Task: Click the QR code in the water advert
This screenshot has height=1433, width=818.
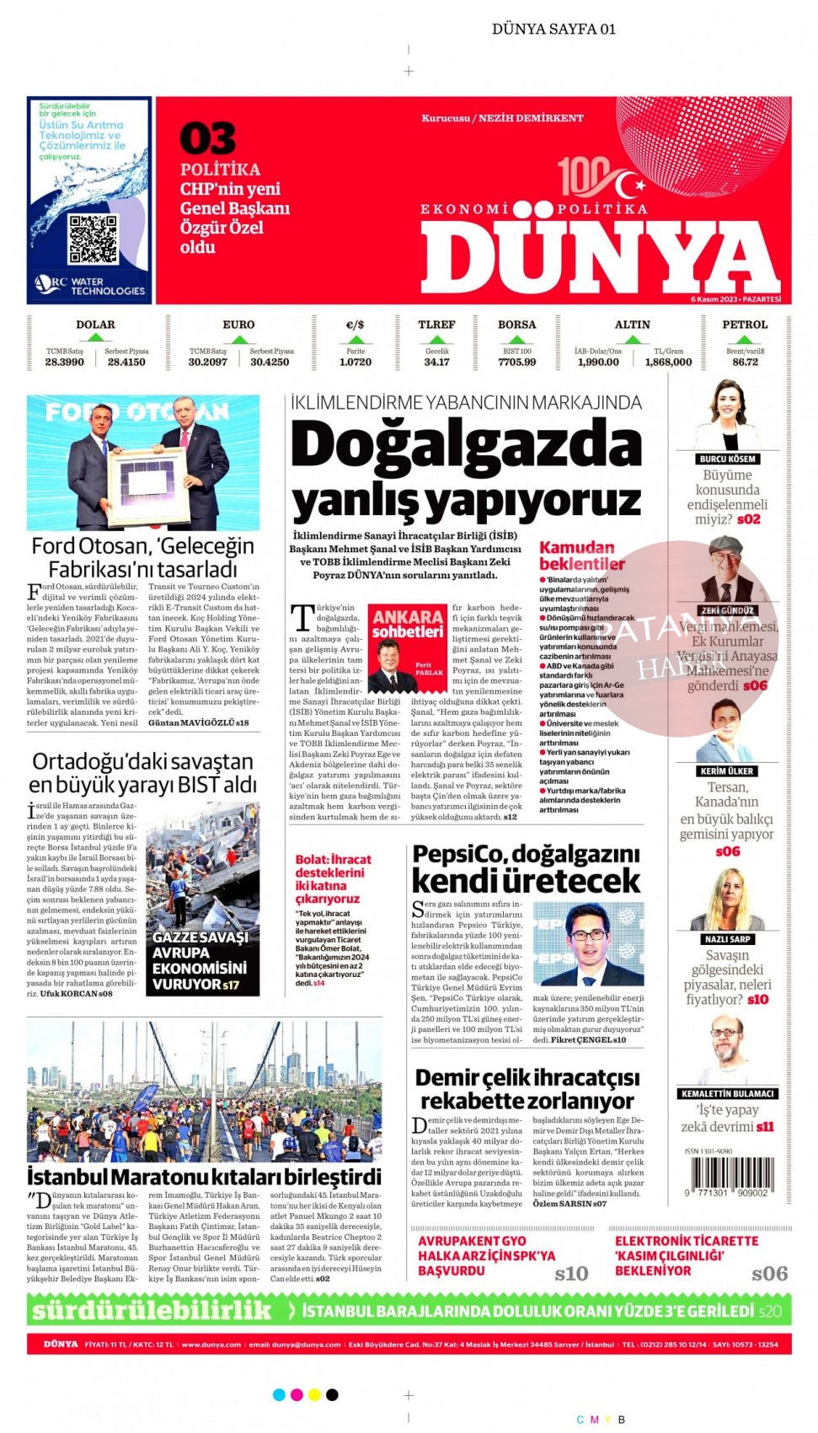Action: [x=93, y=239]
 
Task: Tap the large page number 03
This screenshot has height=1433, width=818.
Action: [x=207, y=139]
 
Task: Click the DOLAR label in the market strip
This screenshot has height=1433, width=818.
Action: [x=95, y=325]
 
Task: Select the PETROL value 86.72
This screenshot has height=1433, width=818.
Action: [x=745, y=362]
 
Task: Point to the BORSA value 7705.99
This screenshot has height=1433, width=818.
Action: [x=516, y=362]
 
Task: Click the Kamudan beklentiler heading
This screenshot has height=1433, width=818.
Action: [x=581, y=555]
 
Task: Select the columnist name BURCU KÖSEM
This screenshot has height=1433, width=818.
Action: [x=727, y=459]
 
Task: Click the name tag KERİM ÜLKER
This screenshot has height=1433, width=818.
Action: [x=726, y=770]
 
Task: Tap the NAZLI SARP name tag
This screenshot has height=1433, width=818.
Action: [x=726, y=938]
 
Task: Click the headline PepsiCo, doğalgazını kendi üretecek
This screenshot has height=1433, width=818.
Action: [x=526, y=867]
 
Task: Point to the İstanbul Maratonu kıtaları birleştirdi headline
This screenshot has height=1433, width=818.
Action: [x=204, y=1176]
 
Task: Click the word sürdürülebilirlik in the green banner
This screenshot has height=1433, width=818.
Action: [x=152, y=1310]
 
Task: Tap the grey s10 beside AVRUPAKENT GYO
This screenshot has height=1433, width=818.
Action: [x=571, y=1274]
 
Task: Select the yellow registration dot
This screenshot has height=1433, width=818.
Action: [x=314, y=1395]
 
